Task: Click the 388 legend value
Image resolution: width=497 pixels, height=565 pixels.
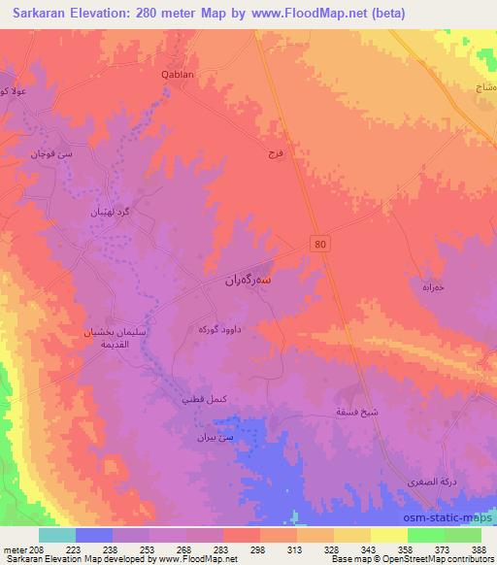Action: [x=480, y=548]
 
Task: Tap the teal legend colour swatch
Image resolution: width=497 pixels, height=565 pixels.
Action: [x=57, y=535]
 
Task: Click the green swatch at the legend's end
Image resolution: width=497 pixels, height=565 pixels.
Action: [x=463, y=535]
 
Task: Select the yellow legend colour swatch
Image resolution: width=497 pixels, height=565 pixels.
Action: [x=388, y=535]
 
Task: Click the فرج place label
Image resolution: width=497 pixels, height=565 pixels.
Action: [x=275, y=153]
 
